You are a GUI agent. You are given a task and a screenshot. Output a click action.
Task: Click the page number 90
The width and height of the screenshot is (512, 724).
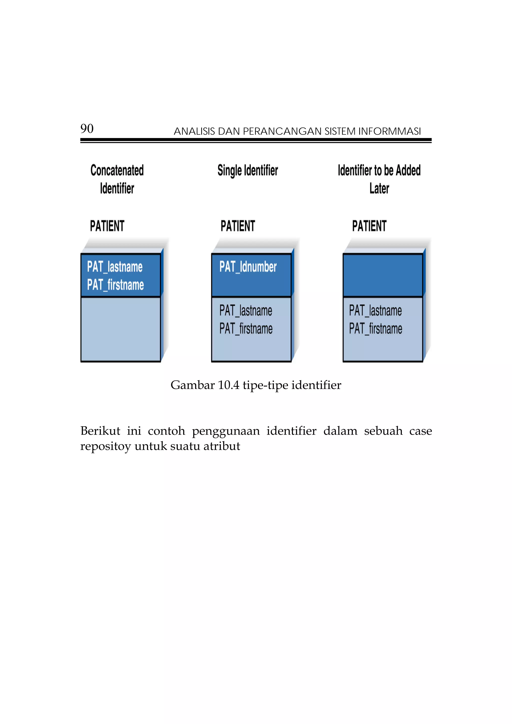pos(87,129)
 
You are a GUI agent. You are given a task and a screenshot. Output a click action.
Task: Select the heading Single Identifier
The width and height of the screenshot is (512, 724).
pos(248,170)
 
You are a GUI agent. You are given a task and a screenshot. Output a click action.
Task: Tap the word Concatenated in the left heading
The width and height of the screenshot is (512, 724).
pos(117,170)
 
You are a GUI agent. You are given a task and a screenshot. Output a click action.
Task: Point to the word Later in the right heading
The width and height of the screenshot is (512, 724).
pos(379,188)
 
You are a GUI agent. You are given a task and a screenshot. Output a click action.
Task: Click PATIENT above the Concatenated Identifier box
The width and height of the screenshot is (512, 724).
pos(107,226)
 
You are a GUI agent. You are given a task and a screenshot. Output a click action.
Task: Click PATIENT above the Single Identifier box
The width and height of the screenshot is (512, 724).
pos(238,226)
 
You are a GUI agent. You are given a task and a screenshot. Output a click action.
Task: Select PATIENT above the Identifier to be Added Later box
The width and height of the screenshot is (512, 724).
pos(369,226)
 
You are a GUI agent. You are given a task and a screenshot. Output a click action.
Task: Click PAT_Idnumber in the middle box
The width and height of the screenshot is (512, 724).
pos(248,267)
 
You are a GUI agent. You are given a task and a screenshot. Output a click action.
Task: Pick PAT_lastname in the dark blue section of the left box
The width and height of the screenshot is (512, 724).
pos(115,267)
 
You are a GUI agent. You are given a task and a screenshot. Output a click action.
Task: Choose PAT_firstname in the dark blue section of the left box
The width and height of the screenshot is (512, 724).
pos(115,285)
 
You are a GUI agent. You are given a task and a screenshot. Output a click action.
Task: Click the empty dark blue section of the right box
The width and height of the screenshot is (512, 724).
pos(383,275)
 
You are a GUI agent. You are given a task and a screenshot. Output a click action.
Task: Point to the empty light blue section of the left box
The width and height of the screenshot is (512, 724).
pos(121,329)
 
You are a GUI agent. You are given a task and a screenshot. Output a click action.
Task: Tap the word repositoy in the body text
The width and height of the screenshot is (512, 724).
pos(105,446)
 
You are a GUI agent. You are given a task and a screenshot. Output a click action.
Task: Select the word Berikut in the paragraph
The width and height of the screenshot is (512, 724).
pos(100,431)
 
